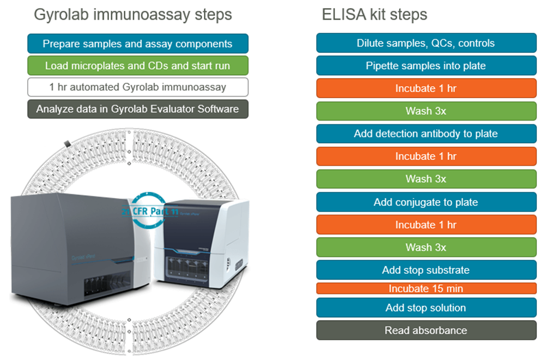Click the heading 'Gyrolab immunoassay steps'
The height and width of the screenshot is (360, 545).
click(x=132, y=14)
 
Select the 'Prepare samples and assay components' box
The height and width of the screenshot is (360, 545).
click(x=137, y=44)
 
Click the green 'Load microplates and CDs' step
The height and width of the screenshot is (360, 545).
click(x=137, y=66)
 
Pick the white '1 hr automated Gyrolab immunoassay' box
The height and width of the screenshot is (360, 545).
click(x=137, y=87)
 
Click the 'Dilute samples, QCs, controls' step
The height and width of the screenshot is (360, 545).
click(x=426, y=43)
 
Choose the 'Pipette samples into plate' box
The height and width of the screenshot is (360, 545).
click(x=426, y=66)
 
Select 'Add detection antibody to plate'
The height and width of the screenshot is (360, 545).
click(x=426, y=134)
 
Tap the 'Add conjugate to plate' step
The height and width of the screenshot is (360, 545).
click(x=426, y=202)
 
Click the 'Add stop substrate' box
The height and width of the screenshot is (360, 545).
click(x=426, y=270)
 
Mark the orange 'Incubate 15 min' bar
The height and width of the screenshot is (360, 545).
click(x=426, y=289)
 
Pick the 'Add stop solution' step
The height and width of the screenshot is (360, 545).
click(x=426, y=308)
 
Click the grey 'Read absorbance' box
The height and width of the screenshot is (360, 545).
click(x=426, y=330)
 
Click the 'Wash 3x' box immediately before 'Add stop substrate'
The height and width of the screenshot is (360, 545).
click(x=426, y=248)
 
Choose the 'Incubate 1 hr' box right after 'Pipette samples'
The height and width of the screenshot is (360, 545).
click(x=426, y=88)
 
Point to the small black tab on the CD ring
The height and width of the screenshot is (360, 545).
click(x=67, y=143)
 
